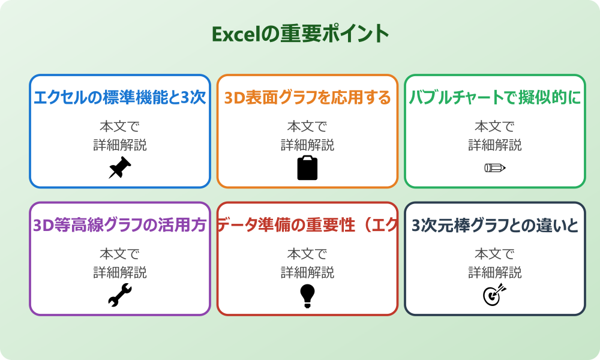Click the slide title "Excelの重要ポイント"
click(x=300, y=34)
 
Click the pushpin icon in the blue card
click(x=119, y=167)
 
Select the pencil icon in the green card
click(x=495, y=167)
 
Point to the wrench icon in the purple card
click(x=119, y=295)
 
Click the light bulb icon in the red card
click(x=307, y=295)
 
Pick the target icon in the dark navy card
click(x=495, y=295)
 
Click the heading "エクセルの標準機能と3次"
click(x=120, y=97)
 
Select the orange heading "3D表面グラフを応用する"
click(x=307, y=97)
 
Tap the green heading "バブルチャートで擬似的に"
click(x=495, y=97)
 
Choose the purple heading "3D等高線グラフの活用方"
click(x=120, y=225)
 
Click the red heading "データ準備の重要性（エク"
click(x=307, y=225)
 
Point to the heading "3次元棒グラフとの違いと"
click(x=495, y=225)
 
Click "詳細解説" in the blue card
click(x=120, y=145)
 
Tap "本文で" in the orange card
click(x=307, y=127)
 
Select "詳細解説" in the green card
click(x=495, y=145)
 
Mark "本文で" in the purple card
click(x=120, y=254)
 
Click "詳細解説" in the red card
click(x=307, y=272)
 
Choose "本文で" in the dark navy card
click(x=495, y=254)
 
